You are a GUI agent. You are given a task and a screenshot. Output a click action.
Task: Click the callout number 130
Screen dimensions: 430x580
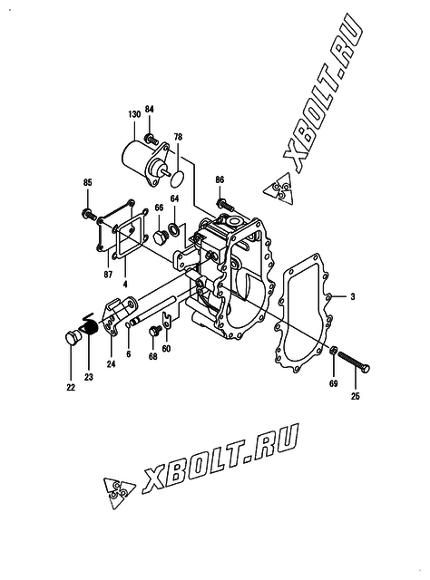point(134,114)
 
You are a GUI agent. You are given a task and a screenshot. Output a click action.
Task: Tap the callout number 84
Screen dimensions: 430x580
point(149,110)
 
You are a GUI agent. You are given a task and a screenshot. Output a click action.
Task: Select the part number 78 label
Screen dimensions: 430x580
point(178,137)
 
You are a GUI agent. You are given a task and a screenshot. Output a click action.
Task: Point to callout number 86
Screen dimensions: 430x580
point(220,180)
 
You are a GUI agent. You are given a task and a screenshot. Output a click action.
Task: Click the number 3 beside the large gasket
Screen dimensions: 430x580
point(353,296)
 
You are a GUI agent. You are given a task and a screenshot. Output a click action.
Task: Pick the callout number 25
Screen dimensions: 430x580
point(356,397)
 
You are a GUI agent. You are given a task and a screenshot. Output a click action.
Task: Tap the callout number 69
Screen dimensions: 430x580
point(333,383)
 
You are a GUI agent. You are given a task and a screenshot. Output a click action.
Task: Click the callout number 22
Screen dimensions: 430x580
point(71,387)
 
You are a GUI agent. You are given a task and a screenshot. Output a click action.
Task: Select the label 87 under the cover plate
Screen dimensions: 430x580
point(108,275)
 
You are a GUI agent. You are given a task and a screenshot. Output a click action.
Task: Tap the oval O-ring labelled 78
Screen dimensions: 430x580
point(178,179)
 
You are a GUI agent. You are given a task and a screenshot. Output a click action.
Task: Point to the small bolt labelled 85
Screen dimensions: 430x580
point(89,214)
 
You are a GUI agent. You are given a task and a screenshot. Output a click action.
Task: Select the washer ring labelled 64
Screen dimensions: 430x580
point(173,229)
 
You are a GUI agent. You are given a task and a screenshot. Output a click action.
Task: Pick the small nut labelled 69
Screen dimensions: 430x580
point(333,349)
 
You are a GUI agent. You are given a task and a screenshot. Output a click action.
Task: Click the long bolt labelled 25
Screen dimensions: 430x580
point(355,362)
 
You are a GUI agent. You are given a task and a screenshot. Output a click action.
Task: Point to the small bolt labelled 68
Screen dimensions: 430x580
point(154,330)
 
